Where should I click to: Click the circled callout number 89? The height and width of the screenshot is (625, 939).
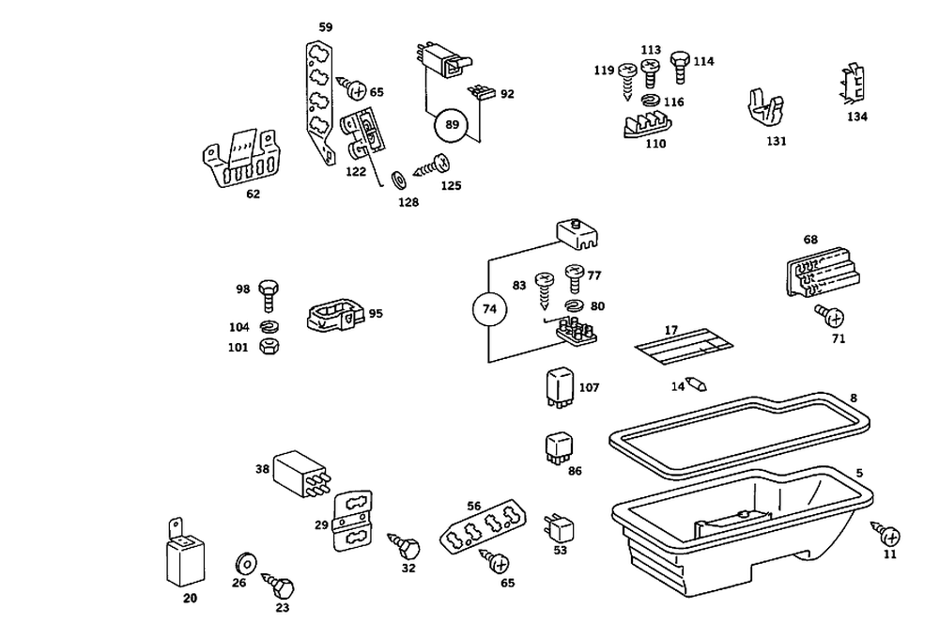click(x=452, y=125)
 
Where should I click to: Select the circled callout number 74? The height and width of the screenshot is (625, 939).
click(x=489, y=308)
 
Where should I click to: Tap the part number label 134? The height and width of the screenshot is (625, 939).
click(x=856, y=117)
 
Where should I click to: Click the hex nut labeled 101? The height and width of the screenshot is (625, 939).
click(x=268, y=347)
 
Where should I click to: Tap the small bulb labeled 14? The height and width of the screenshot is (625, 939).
click(x=698, y=383)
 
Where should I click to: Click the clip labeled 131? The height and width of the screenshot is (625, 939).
click(x=767, y=110)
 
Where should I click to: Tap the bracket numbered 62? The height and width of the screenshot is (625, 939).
click(x=242, y=160)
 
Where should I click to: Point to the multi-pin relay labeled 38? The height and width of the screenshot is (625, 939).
click(x=300, y=473)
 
